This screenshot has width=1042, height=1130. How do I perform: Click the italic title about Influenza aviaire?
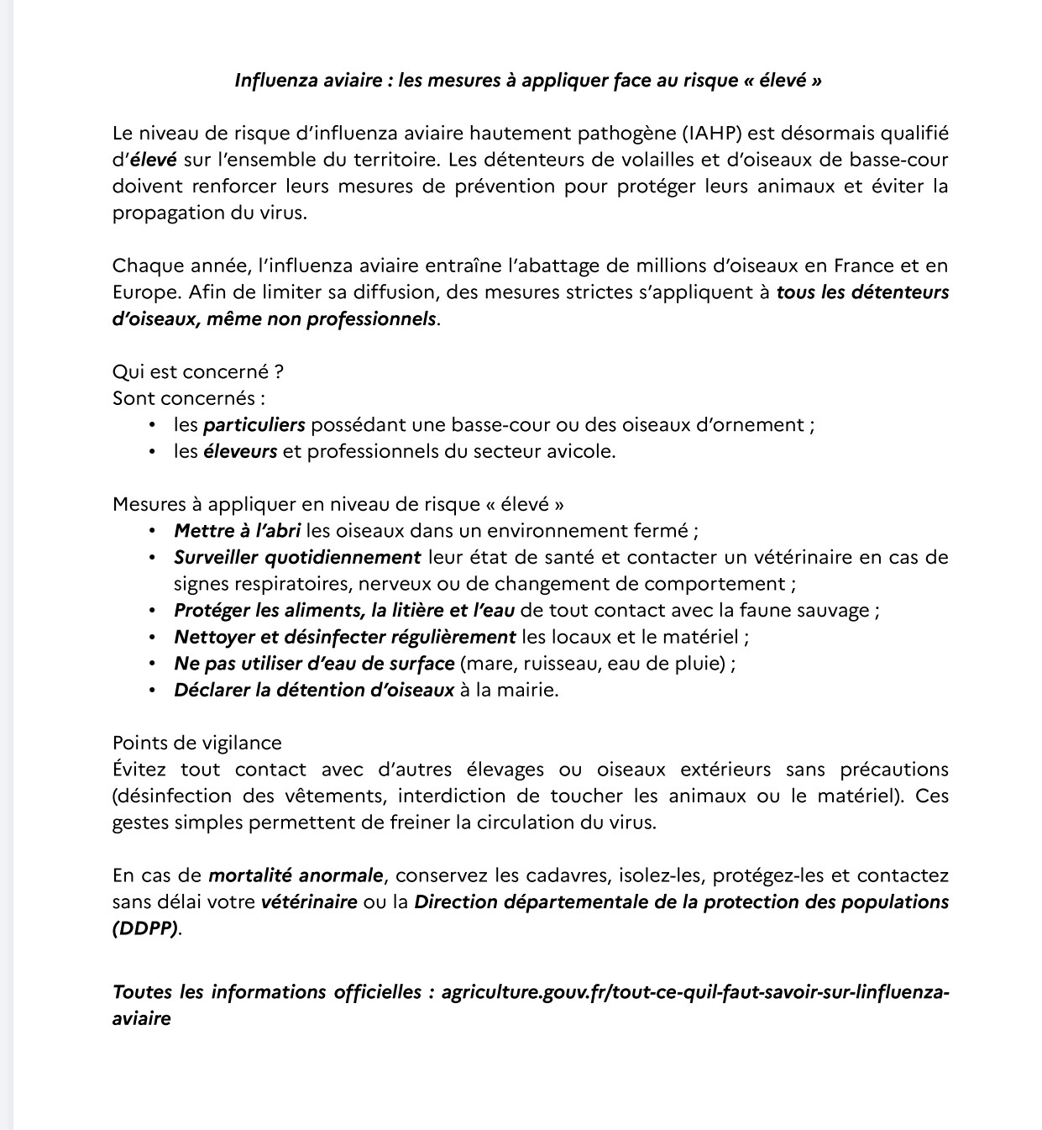pos(527,81)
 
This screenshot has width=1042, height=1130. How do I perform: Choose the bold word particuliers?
pos(254,425)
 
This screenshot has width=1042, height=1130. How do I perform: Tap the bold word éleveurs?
pos(240,451)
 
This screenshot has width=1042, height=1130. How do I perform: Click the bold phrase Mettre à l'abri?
pos(237,531)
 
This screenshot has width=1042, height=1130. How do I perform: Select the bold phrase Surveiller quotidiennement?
pos(297,557)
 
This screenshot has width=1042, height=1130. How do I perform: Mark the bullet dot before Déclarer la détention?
pos(152,691)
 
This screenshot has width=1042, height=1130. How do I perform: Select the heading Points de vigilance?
pos(197,743)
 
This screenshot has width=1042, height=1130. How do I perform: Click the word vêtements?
pos(338,796)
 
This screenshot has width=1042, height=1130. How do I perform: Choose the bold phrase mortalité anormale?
pos(296,875)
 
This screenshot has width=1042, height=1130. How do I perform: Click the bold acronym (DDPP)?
pos(145,929)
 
